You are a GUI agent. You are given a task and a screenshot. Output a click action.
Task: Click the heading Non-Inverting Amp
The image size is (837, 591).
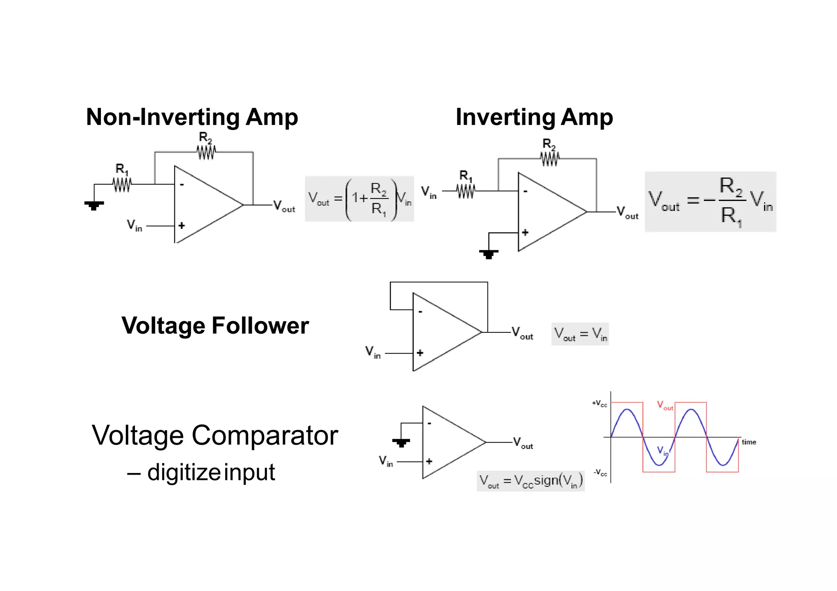[192, 117]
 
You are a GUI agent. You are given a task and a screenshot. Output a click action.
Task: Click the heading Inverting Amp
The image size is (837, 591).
[534, 117]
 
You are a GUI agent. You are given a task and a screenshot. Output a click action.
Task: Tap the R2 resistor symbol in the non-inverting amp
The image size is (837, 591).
[206, 152]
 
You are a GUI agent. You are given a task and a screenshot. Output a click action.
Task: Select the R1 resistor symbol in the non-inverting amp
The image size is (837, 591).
[122, 185]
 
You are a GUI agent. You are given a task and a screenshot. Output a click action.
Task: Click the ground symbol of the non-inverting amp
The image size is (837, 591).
[94, 205]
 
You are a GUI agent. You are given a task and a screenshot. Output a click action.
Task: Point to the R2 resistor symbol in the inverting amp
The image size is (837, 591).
[549, 159]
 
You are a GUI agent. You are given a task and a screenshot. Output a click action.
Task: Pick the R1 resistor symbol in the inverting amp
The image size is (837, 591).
[466, 191]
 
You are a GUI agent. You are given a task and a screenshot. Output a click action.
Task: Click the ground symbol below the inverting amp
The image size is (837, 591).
[488, 254]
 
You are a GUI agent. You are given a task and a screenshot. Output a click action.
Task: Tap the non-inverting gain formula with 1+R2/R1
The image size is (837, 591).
[359, 199]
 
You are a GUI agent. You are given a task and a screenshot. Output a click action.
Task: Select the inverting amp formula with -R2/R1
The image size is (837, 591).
[710, 202]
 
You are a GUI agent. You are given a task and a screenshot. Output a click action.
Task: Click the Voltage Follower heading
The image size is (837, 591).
[215, 326]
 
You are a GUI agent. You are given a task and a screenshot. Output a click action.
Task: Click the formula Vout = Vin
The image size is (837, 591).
[580, 334]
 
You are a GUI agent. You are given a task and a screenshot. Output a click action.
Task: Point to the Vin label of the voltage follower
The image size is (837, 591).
[373, 352]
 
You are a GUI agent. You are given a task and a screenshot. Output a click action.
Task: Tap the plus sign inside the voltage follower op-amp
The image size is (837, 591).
[420, 353]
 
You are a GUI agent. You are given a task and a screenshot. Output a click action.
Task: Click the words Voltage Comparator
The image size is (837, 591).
[215, 435]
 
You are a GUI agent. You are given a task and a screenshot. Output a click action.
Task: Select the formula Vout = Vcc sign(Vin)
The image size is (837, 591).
[530, 481]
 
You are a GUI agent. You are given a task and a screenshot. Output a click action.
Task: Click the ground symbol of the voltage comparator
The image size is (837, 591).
[401, 442]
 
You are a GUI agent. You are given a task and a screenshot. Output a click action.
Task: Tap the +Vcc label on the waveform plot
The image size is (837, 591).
[599, 404]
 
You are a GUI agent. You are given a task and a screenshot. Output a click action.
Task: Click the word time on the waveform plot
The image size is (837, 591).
[749, 442]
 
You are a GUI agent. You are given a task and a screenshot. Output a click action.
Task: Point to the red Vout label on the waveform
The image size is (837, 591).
[665, 406]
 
